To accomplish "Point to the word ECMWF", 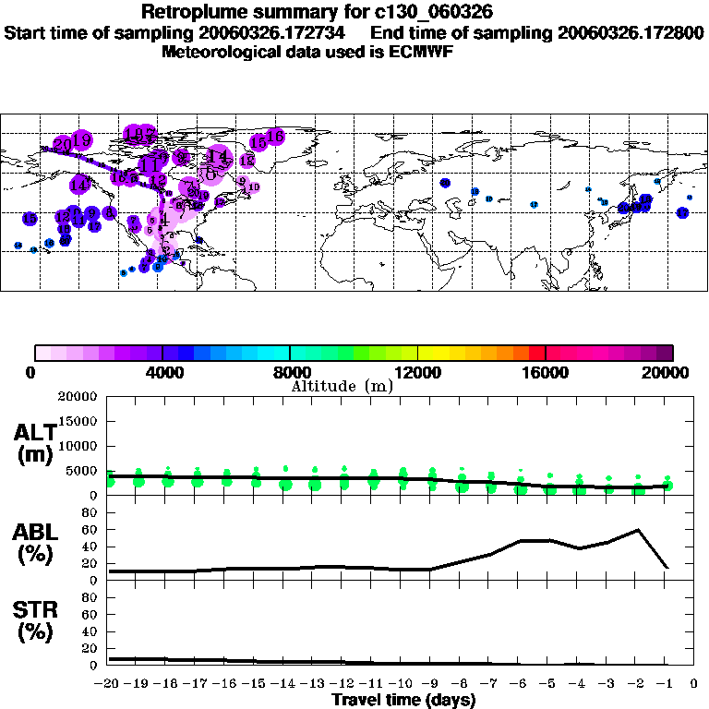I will coord(421,52).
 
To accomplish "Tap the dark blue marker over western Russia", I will coord(445,183).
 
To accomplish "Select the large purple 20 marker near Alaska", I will coord(63,145).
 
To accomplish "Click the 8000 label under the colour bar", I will coord(289,372).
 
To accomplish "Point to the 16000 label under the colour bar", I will coord(545,372).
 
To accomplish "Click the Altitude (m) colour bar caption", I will coord(342,386).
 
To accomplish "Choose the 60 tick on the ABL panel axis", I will coord(90,531).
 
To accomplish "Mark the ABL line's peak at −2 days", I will coord(637,530).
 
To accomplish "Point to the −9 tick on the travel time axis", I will coord(431,683).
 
